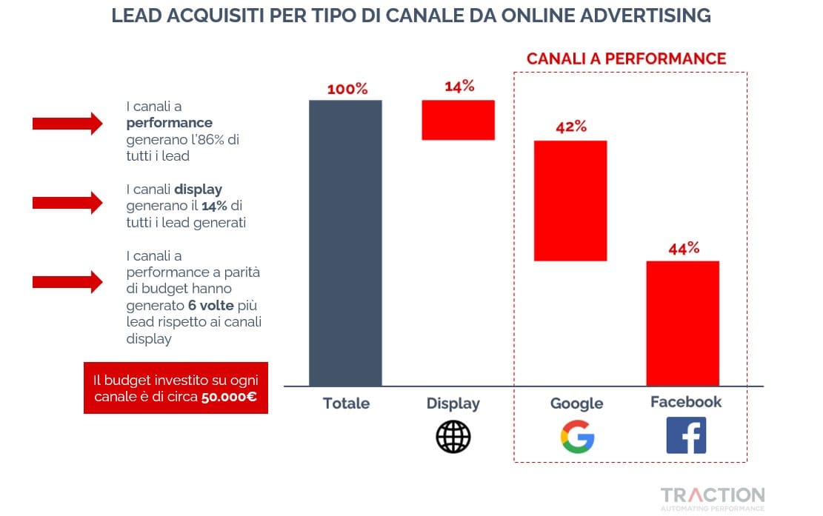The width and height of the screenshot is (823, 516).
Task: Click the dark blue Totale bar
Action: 345,243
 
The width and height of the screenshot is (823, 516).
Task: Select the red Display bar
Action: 458,120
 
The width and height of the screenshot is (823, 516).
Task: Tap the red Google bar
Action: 570,201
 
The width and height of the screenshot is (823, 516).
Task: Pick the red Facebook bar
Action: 682,323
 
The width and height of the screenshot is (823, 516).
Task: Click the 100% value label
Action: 347,89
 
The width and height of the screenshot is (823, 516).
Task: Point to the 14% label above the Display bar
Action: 459,87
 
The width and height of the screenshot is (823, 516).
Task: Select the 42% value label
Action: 571,127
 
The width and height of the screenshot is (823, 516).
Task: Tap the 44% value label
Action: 684,248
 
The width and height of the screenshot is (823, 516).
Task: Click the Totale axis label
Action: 346,403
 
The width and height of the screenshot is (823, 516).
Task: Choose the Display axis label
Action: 453,404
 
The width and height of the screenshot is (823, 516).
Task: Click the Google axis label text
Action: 576,404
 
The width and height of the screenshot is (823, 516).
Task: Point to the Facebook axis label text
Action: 686,402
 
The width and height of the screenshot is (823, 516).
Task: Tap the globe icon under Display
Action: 453,436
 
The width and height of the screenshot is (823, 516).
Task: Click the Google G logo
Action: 577,437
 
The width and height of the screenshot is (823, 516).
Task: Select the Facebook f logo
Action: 686,435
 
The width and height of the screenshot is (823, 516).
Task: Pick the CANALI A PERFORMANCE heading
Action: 626,58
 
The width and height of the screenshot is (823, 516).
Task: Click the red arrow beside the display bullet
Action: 67,202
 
